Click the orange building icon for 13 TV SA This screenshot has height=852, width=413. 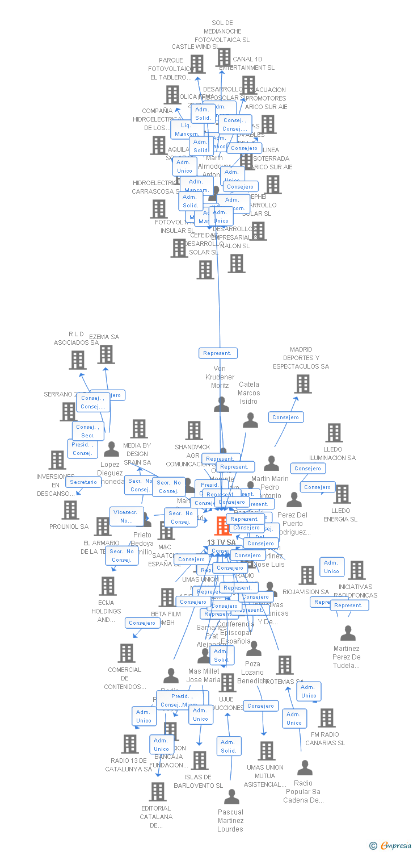tap(222, 526)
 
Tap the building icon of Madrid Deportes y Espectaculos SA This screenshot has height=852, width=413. tap(303, 384)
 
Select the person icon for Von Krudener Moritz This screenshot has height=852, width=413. tap(222, 404)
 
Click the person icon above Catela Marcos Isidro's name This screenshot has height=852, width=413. tap(250, 420)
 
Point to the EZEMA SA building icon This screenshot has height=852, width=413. tap(106, 354)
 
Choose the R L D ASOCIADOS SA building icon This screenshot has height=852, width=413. tap(78, 360)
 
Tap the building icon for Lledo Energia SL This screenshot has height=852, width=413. tap(342, 494)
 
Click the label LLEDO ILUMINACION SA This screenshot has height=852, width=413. tap(332, 454)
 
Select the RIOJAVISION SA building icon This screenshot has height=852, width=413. tap(307, 575)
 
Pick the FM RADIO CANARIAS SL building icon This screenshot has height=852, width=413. tap(327, 718)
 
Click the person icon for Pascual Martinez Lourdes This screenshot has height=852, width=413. tap(231, 797)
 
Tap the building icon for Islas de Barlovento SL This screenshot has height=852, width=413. tap(200, 761)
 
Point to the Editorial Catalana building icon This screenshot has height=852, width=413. tap(158, 791)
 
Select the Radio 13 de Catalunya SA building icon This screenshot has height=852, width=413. tap(130, 744)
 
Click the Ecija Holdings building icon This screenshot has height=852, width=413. tap(108, 586)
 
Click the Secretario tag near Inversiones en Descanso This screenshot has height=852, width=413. tap(84, 482)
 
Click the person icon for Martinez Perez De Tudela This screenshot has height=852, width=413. tap(348, 633)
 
